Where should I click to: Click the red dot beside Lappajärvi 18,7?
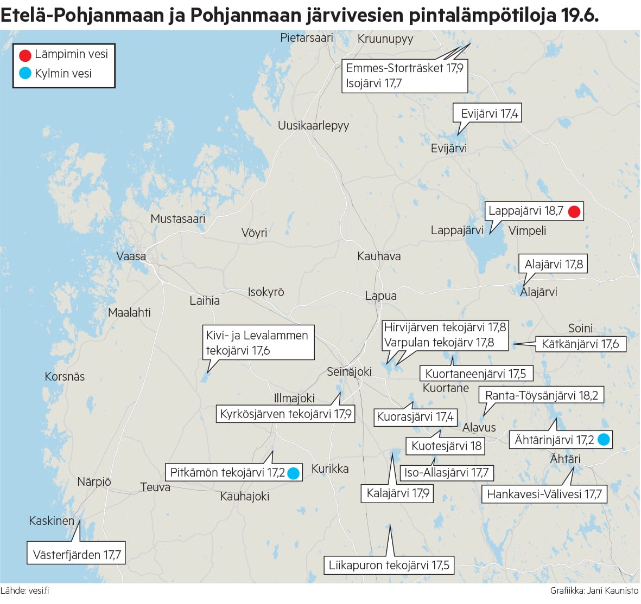pyautogui.click(x=574, y=211)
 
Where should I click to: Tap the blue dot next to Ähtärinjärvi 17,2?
pyautogui.click(x=603, y=440)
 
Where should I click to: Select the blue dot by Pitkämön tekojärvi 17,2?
pyautogui.click(x=293, y=473)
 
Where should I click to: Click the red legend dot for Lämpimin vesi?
pyautogui.click(x=25, y=55)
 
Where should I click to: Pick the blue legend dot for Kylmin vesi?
pyautogui.click(x=25, y=74)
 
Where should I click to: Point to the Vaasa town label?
pyautogui.click(x=131, y=256)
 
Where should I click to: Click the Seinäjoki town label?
pyautogui.click(x=349, y=371)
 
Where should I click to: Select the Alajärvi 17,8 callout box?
pyautogui.click(x=553, y=265)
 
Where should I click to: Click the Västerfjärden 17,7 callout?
pyautogui.click(x=77, y=555)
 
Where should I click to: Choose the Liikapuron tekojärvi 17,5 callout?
pyautogui.click(x=389, y=566)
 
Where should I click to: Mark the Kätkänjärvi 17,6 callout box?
pyautogui.click(x=580, y=344)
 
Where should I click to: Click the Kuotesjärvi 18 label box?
pyautogui.click(x=446, y=446)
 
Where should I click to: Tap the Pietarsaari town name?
pyautogui.click(x=307, y=37)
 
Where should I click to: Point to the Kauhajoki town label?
pyautogui.click(x=245, y=496)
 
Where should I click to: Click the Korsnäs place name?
pyautogui.click(x=65, y=376)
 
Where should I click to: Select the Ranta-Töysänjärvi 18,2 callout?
pyautogui.click(x=541, y=395)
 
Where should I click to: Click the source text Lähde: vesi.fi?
pyautogui.click(x=25, y=590)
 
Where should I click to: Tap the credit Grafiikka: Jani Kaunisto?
pyautogui.click(x=594, y=590)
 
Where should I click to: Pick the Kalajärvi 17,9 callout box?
pyautogui.click(x=397, y=493)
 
